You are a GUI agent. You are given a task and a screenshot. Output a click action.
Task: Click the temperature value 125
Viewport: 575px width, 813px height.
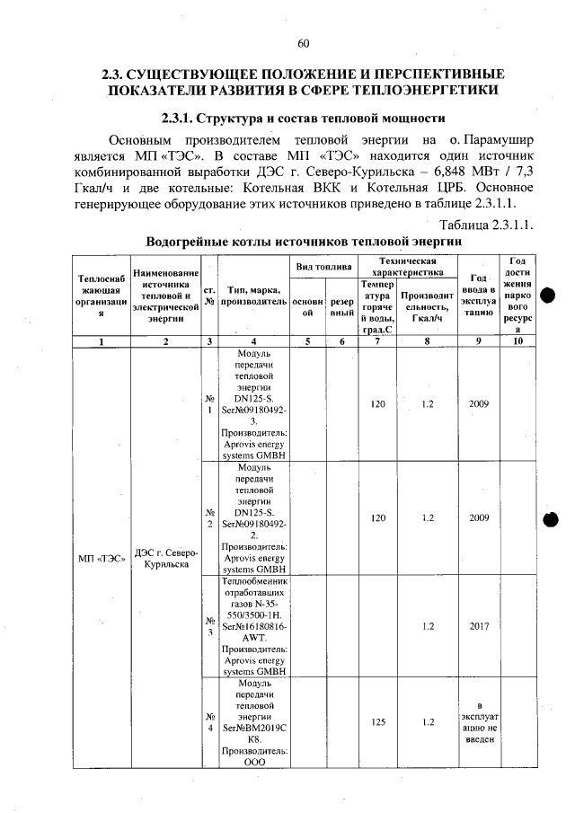(x=377, y=720)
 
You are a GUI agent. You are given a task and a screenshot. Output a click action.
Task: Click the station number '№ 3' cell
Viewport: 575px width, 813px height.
(x=208, y=626)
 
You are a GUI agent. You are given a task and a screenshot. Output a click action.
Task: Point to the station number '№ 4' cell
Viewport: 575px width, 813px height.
(x=208, y=720)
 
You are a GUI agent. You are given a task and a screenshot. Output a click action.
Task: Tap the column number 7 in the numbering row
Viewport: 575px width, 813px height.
(x=377, y=341)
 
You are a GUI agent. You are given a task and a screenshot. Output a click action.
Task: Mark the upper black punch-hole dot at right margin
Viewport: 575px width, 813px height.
(x=550, y=297)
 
